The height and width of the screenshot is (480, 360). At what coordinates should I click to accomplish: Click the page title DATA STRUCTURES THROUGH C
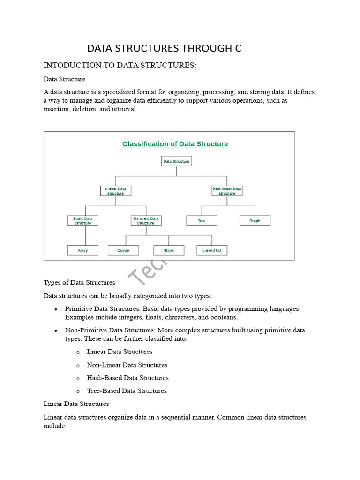click(x=165, y=48)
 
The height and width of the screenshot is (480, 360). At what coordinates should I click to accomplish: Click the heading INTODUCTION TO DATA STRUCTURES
click(x=120, y=65)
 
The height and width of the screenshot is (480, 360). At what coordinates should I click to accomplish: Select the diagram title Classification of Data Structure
click(x=175, y=144)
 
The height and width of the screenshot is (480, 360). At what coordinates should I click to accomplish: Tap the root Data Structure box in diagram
click(x=176, y=161)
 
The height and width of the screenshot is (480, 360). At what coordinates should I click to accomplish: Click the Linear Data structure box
click(x=115, y=191)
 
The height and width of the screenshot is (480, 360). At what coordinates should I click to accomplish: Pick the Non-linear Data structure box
click(x=227, y=191)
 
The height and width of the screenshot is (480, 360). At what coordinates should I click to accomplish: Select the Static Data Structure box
click(x=82, y=220)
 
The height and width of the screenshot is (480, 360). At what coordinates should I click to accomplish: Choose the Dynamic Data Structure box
click(x=145, y=220)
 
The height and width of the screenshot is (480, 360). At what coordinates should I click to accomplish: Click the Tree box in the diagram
click(x=202, y=220)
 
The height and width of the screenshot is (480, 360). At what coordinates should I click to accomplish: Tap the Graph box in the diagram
click(x=255, y=220)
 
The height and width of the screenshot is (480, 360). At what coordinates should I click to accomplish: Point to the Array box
click(x=82, y=250)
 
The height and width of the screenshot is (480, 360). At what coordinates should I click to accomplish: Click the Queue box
click(x=124, y=250)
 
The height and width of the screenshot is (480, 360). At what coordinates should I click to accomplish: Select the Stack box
click(x=169, y=250)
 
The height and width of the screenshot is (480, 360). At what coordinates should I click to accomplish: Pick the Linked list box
click(x=212, y=250)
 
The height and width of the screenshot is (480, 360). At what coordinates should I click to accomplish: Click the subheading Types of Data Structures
click(x=79, y=282)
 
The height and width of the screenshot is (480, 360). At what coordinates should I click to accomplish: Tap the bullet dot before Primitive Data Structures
click(x=56, y=309)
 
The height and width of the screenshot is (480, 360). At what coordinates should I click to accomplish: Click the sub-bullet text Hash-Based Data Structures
click(x=127, y=378)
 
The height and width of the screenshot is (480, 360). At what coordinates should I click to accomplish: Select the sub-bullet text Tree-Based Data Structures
click(x=127, y=391)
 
